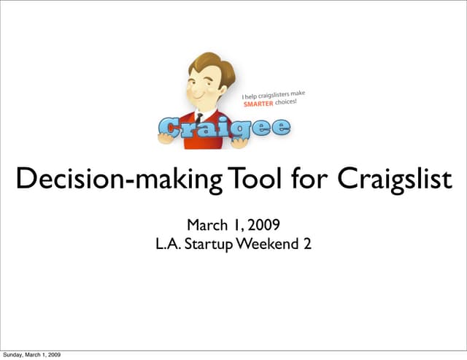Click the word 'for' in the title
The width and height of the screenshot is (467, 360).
300,178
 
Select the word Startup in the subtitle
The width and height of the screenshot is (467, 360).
209,243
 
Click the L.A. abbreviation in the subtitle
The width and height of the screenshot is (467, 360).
169,243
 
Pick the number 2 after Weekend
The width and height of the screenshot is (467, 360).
307,243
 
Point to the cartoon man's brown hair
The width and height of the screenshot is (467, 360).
212,66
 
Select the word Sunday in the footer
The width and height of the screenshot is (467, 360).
13,355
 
